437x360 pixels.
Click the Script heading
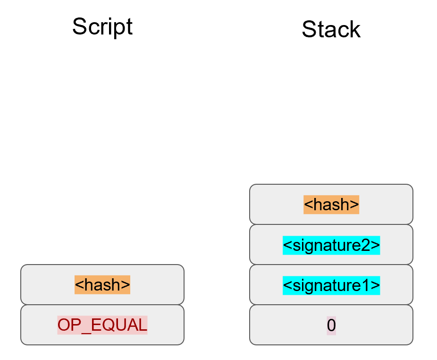point(102,27)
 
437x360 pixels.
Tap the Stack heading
point(331,29)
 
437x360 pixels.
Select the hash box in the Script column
point(102,284)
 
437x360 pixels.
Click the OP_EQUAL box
point(102,325)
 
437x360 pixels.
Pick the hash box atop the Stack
point(331,205)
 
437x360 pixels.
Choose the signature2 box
point(331,245)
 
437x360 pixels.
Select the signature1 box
point(331,285)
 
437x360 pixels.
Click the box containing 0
point(331,325)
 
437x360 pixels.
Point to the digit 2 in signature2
point(368,245)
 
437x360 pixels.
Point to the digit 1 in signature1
point(368,285)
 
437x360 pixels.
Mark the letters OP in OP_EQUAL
point(69,325)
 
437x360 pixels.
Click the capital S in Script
point(79,27)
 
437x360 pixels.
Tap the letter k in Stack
point(354,29)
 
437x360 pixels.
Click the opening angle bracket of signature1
point(286,285)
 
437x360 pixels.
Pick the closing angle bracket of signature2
point(376,245)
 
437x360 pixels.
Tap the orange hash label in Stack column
point(331,205)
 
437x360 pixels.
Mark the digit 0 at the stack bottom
point(331,325)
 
